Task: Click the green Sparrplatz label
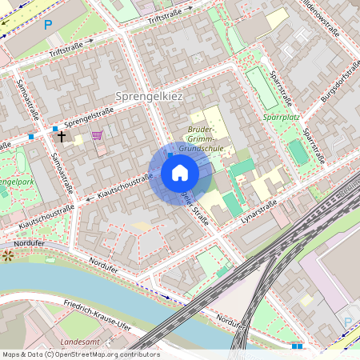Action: [281, 116]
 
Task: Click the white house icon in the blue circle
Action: [180, 173]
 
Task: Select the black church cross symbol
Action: [62, 137]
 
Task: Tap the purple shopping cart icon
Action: [98, 135]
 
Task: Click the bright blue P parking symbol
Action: [48, 25]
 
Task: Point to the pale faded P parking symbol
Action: [348, 322]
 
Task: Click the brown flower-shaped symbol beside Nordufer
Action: [8, 256]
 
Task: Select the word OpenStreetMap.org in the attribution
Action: [99, 354]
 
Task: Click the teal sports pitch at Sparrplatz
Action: [298, 151]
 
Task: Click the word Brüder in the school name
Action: [202, 129]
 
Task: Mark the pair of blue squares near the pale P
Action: [298, 346]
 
